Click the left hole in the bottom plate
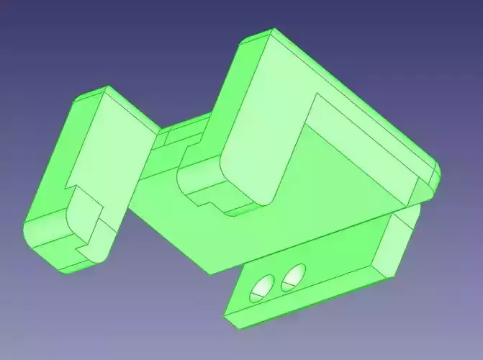(263, 287)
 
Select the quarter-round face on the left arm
(79, 216)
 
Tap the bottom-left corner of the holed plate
(230, 317)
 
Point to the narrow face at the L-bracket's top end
(256, 40)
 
